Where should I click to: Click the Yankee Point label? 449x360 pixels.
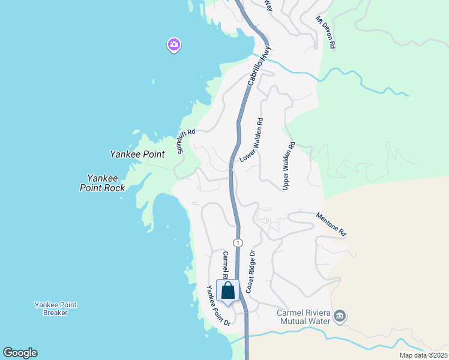[x=137, y=154]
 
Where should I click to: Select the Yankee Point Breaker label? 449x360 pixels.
[x=55, y=308]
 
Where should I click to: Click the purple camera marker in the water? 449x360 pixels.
[x=174, y=44]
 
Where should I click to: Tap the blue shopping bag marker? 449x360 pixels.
[x=228, y=291]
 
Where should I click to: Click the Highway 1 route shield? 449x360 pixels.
[x=238, y=242]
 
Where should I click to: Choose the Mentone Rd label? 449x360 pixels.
[x=331, y=223]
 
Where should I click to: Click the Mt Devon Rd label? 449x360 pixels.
[x=325, y=32]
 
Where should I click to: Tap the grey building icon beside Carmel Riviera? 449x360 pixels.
[x=340, y=316]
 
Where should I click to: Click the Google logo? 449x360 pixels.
[x=20, y=353]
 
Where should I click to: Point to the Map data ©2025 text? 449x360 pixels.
[x=423, y=355]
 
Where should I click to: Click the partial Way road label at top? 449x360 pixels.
[x=268, y=5]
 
